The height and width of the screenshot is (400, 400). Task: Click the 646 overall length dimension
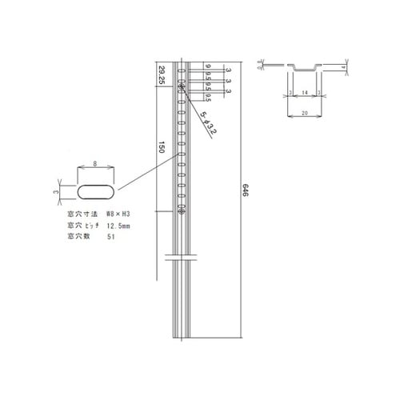(x=246, y=192)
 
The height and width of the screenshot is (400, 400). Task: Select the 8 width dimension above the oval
(x=95, y=163)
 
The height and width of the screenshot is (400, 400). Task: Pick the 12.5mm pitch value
(x=120, y=226)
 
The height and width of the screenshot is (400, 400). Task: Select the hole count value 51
(x=110, y=238)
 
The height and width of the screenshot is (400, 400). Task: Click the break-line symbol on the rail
(x=182, y=258)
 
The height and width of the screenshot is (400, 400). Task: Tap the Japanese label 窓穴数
(x=79, y=238)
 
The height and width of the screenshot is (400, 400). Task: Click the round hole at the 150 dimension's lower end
(x=182, y=211)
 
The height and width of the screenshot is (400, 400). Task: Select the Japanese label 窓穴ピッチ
(x=82, y=226)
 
